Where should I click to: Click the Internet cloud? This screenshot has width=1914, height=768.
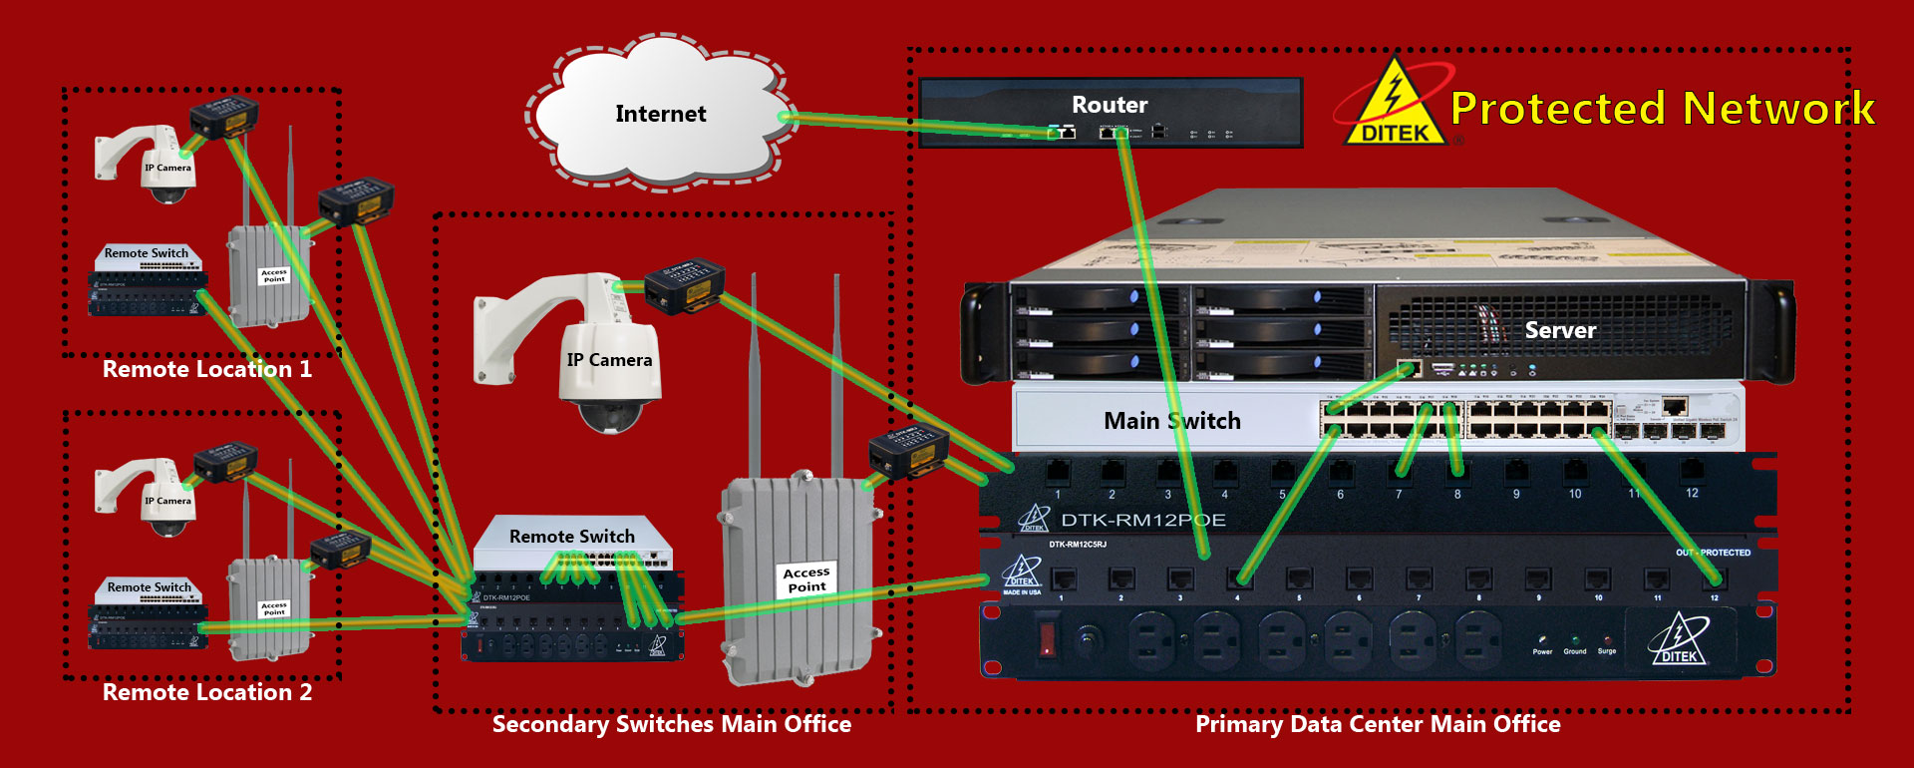coord(660,115)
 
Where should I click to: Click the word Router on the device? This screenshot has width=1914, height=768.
coord(1110,105)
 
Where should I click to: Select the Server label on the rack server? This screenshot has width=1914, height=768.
coord(1560,330)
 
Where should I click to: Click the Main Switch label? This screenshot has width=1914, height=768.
coord(1171,421)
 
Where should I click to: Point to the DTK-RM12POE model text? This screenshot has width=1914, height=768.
coord(1142,520)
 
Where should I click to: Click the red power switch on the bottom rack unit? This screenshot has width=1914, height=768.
coord(1047,638)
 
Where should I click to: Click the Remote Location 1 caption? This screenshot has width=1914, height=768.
coord(207,369)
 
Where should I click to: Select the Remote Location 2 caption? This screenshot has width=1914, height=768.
coord(207,692)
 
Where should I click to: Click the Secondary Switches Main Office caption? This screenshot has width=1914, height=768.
coord(672,724)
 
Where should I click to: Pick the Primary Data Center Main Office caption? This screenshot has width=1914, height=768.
coord(1378,724)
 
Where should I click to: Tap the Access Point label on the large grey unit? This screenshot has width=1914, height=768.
coord(806,579)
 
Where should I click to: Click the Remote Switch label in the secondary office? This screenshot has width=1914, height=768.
coord(571,537)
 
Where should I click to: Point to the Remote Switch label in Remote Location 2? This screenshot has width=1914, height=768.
coord(150,587)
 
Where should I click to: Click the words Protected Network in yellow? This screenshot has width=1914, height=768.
coord(1663,108)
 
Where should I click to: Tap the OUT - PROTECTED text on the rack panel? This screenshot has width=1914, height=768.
coord(1713,553)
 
